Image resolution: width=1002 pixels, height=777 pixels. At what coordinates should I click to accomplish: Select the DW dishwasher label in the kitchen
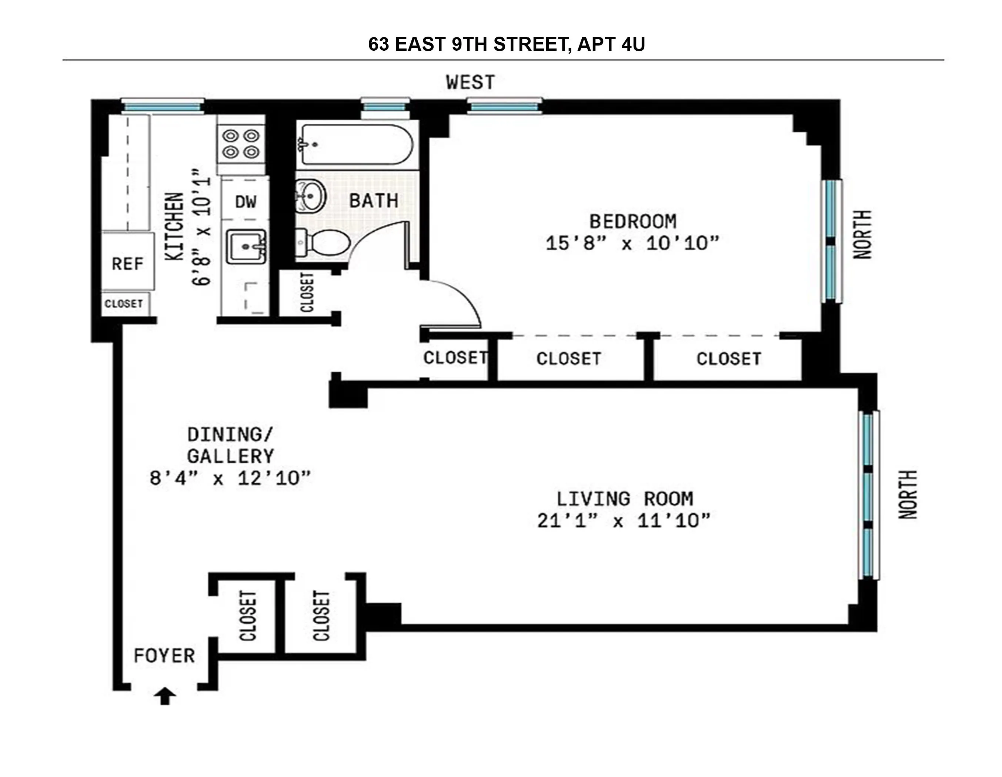(x=246, y=202)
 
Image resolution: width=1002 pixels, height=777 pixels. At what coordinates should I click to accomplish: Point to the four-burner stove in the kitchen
(x=241, y=144)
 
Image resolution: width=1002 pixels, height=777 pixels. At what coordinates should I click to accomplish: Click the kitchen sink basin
(x=246, y=247)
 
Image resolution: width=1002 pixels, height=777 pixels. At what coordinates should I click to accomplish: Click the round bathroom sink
(x=311, y=196)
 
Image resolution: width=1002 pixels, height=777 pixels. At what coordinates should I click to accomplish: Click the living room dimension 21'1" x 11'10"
(x=624, y=520)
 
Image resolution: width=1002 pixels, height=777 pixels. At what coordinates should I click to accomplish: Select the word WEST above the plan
(x=470, y=83)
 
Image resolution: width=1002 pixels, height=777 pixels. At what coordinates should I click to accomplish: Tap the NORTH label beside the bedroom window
(x=862, y=234)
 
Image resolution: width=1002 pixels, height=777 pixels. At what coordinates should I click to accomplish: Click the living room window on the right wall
(x=868, y=495)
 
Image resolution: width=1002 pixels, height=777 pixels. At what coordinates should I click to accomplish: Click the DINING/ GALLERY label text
(x=230, y=445)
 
